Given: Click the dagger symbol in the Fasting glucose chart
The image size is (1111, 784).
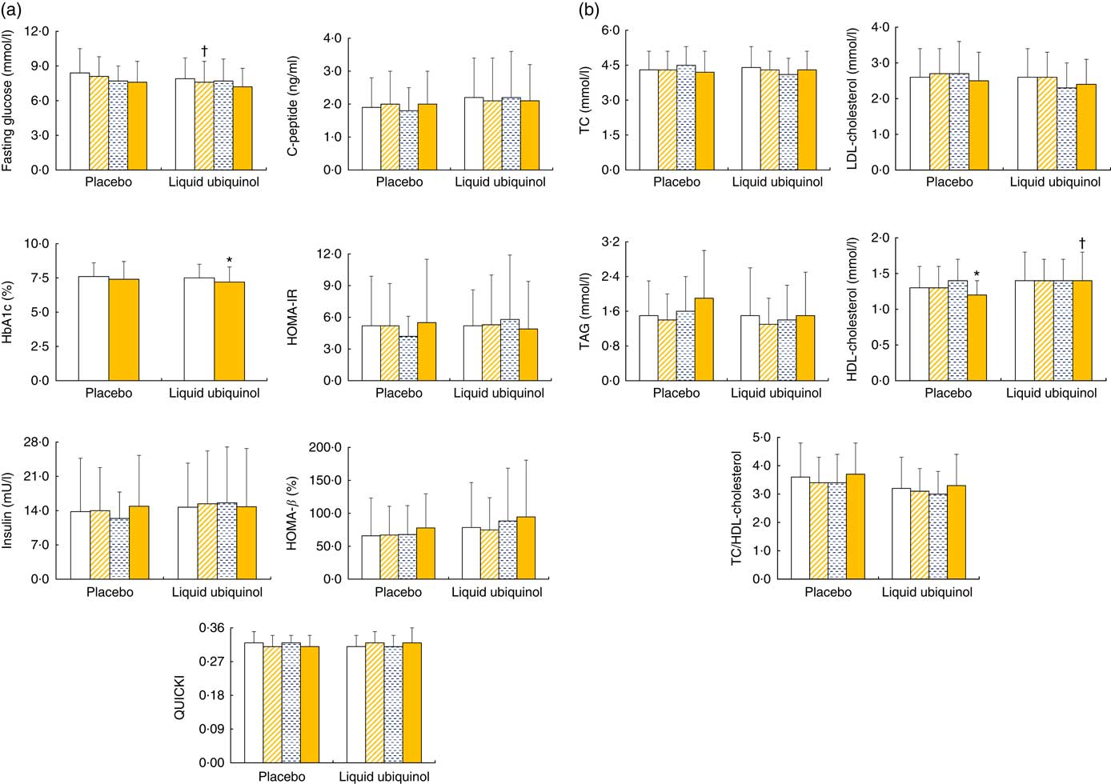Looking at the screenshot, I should (205, 50).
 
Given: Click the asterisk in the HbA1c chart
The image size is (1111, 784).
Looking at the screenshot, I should (230, 260).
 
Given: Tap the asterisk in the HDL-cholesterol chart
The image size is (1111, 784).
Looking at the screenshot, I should (977, 274).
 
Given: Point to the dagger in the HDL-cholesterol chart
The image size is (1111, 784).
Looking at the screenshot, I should (1082, 242).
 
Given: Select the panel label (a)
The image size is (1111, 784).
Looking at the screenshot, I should (13, 10).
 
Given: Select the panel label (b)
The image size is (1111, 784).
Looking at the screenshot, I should (589, 10).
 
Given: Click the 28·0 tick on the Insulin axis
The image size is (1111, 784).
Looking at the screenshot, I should (36, 442).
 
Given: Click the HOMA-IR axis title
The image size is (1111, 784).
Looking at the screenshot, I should (293, 318).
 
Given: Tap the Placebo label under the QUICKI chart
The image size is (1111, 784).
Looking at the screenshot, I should (282, 776).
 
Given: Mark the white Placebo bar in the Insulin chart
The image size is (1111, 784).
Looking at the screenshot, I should (80, 545).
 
